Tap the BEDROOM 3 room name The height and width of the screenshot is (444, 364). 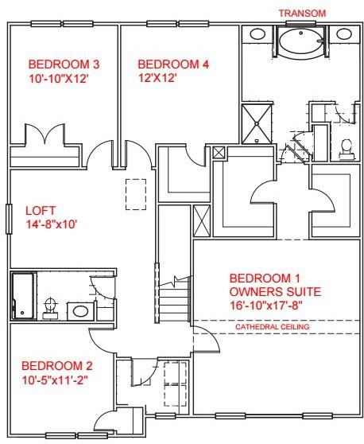(57, 64)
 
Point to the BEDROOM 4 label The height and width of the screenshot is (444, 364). (167, 64)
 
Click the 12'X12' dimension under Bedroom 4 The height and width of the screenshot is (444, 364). (157, 79)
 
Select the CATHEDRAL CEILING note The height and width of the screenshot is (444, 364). (273, 327)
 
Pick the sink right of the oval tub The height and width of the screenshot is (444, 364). (343, 34)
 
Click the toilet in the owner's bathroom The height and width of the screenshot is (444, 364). (346, 146)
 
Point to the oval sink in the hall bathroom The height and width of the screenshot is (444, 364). (80, 310)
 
